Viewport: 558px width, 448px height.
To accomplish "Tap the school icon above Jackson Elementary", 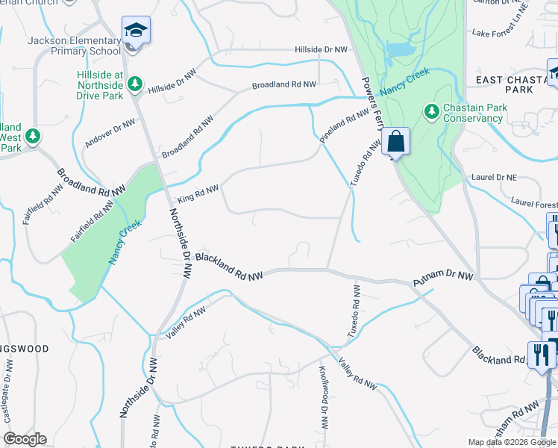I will pyautogui.click(x=136, y=31).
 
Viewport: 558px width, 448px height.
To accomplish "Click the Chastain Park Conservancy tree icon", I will pyautogui.click(x=431, y=112).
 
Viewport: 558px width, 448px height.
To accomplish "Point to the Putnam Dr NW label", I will pyautogui.click(x=443, y=280).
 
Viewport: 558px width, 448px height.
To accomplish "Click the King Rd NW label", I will pyautogui.click(x=198, y=194).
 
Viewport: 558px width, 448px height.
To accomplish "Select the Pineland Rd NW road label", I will pyautogui.click(x=345, y=125).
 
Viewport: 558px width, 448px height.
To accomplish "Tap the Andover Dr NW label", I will pyautogui.click(x=110, y=132).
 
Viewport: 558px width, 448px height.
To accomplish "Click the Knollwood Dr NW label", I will pyautogui.click(x=324, y=396).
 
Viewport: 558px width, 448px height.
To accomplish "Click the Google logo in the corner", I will pyautogui.click(x=25, y=439).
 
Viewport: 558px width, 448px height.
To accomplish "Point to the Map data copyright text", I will pyautogui.click(x=512, y=442).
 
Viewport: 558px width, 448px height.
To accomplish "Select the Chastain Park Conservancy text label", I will pyautogui.click(x=473, y=113).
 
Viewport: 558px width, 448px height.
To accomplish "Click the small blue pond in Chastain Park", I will pyautogui.click(x=398, y=51).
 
